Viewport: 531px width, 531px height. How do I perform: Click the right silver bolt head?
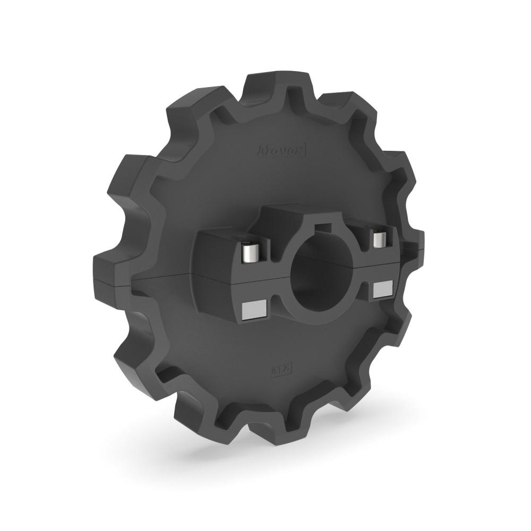(x=378, y=239)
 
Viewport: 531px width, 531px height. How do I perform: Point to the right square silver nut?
(x=382, y=289)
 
